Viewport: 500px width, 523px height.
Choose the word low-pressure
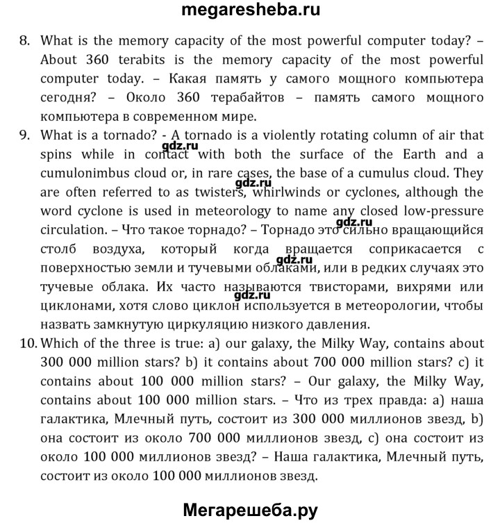(x=439, y=210)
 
